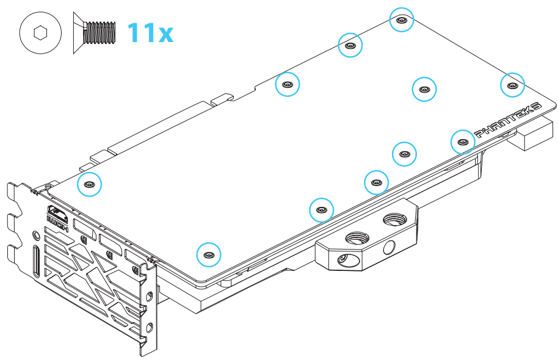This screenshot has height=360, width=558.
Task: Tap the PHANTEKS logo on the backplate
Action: tap(508, 120)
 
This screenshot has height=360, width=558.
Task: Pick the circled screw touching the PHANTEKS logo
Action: tap(463, 142)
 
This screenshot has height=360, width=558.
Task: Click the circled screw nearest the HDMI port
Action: tap(90, 184)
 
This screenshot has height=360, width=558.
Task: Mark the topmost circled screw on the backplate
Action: tap(401, 20)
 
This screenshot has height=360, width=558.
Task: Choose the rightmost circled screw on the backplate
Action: tap(512, 85)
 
